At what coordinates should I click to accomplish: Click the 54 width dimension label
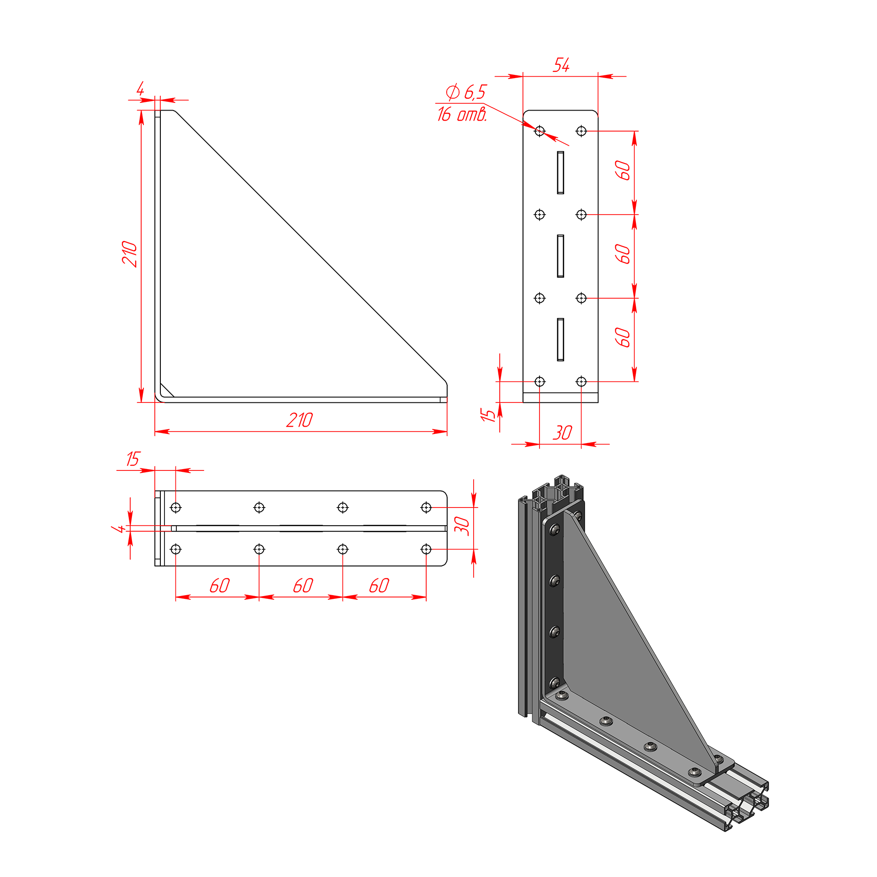[561, 65]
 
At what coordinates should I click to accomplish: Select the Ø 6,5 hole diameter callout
[466, 92]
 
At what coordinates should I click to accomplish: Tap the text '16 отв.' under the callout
[462, 114]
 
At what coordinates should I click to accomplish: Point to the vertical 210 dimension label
[129, 254]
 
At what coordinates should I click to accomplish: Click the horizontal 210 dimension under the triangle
[300, 420]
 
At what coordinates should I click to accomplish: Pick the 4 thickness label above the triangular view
[140, 89]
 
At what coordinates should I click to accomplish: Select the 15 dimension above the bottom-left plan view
[133, 459]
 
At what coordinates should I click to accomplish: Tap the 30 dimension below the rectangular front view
[562, 433]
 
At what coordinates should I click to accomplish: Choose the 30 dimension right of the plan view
[462, 526]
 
